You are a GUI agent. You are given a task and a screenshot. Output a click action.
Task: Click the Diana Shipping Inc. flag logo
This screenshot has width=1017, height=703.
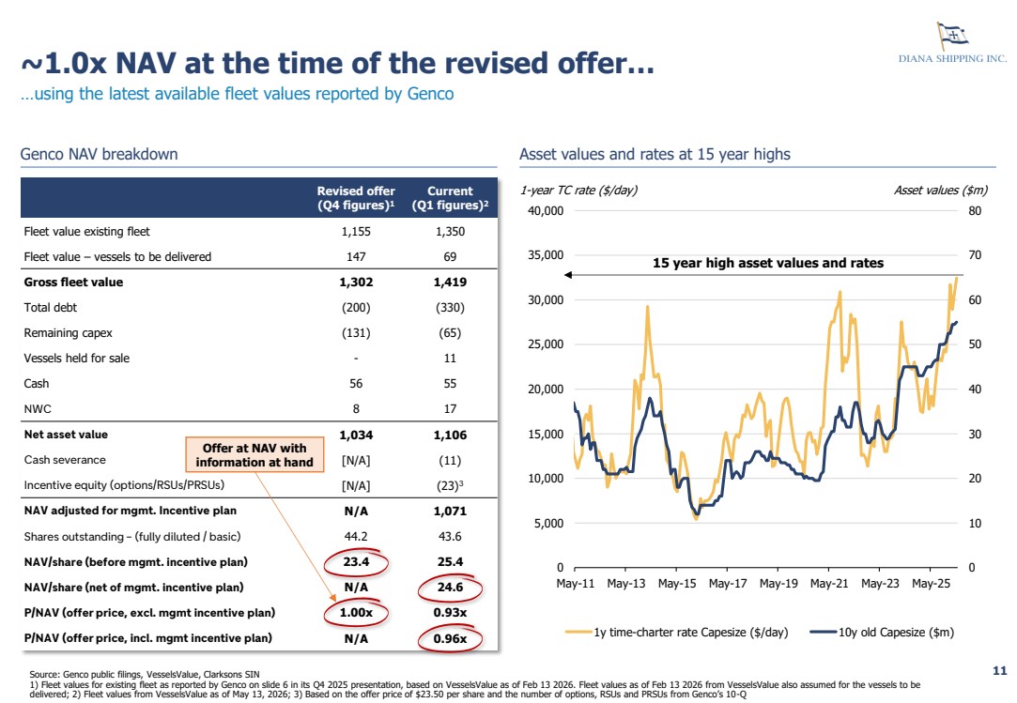tap(951, 35)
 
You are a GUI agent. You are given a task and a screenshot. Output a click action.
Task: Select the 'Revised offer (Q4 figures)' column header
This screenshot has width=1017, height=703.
tap(356, 198)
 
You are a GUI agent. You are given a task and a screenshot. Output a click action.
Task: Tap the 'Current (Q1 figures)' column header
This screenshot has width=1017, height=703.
tap(450, 198)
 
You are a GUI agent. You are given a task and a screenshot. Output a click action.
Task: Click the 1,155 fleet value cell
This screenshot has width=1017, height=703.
tap(356, 232)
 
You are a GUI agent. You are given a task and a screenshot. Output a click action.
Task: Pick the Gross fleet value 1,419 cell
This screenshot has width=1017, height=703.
tap(450, 283)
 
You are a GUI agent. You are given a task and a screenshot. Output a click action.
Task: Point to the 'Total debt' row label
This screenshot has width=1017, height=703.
tap(51, 308)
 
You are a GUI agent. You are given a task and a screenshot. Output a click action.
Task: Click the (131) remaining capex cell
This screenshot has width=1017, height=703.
tap(356, 332)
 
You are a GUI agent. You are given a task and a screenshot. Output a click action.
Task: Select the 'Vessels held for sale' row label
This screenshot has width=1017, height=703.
tap(77, 358)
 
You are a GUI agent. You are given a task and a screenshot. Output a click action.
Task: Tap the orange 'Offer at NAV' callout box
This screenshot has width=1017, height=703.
tap(254, 454)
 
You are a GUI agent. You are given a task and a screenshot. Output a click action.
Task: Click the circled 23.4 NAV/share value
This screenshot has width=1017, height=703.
tap(356, 561)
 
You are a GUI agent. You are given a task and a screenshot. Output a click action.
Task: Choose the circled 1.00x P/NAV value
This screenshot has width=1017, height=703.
tap(356, 612)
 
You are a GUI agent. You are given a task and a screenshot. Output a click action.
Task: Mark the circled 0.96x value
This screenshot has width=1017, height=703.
tap(450, 639)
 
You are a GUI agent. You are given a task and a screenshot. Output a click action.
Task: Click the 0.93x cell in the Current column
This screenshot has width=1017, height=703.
tap(450, 612)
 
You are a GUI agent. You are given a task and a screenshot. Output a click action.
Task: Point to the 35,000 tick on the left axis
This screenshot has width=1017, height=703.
tap(546, 255)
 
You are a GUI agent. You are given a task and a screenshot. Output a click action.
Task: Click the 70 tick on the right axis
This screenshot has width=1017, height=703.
tap(975, 255)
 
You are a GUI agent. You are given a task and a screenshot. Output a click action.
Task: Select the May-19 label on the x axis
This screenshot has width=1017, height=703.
tap(778, 584)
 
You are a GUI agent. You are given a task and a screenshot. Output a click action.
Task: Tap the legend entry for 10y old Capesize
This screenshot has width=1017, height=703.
tap(882, 633)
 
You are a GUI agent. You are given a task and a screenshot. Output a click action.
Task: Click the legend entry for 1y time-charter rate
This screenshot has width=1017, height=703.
tap(676, 633)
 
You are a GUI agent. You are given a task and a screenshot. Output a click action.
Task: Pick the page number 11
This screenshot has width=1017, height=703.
tap(999, 670)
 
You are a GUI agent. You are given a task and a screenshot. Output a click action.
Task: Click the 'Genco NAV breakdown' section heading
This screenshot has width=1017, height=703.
tap(99, 154)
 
